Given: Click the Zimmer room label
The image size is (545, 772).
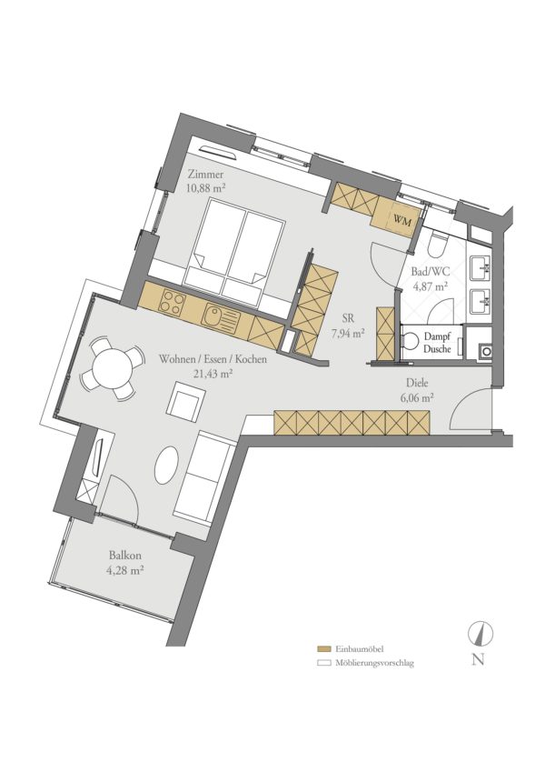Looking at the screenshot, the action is (x=205, y=175).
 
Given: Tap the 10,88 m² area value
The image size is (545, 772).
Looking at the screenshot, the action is (x=206, y=187).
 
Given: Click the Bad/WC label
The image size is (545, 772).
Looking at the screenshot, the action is (x=430, y=273).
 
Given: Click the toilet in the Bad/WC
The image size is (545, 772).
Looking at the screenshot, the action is (x=437, y=245).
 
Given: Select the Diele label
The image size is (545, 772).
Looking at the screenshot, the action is (x=417, y=383).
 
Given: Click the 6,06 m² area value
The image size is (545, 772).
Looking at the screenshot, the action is (x=417, y=398).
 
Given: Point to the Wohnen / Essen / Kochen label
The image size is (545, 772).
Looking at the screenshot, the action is (x=213, y=359).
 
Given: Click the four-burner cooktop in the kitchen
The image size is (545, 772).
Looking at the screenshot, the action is (x=173, y=302).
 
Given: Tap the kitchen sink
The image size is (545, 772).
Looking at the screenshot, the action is (x=222, y=318).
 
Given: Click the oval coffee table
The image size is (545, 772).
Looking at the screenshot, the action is (x=168, y=465).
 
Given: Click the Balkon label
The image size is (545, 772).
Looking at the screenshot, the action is (x=125, y=556).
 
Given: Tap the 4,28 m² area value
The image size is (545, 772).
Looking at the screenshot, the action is (x=125, y=571).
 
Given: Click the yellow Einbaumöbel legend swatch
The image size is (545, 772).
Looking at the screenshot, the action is (x=323, y=649).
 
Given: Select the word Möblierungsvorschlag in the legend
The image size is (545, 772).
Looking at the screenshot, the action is (x=375, y=663).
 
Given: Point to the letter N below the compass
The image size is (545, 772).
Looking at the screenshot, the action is (x=478, y=659).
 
